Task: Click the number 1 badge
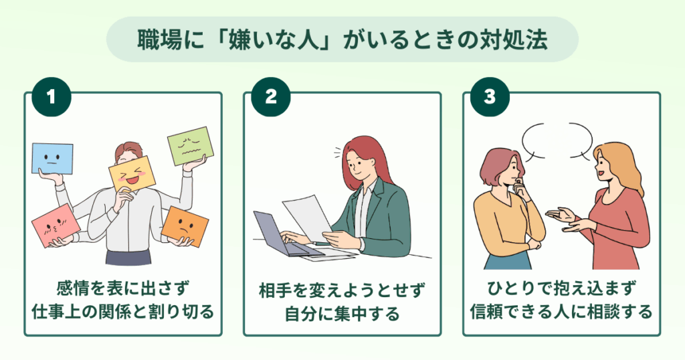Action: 52,96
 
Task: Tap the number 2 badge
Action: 271,96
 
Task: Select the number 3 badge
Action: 490,96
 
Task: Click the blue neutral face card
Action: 52,158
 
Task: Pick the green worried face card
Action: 191,146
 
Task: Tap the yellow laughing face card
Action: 133,175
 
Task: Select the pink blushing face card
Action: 56,226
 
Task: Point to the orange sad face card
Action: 185,226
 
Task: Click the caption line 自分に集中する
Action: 342,313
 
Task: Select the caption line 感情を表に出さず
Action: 123,288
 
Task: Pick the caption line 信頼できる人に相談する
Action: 561,312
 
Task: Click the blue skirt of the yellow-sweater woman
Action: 508,261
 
